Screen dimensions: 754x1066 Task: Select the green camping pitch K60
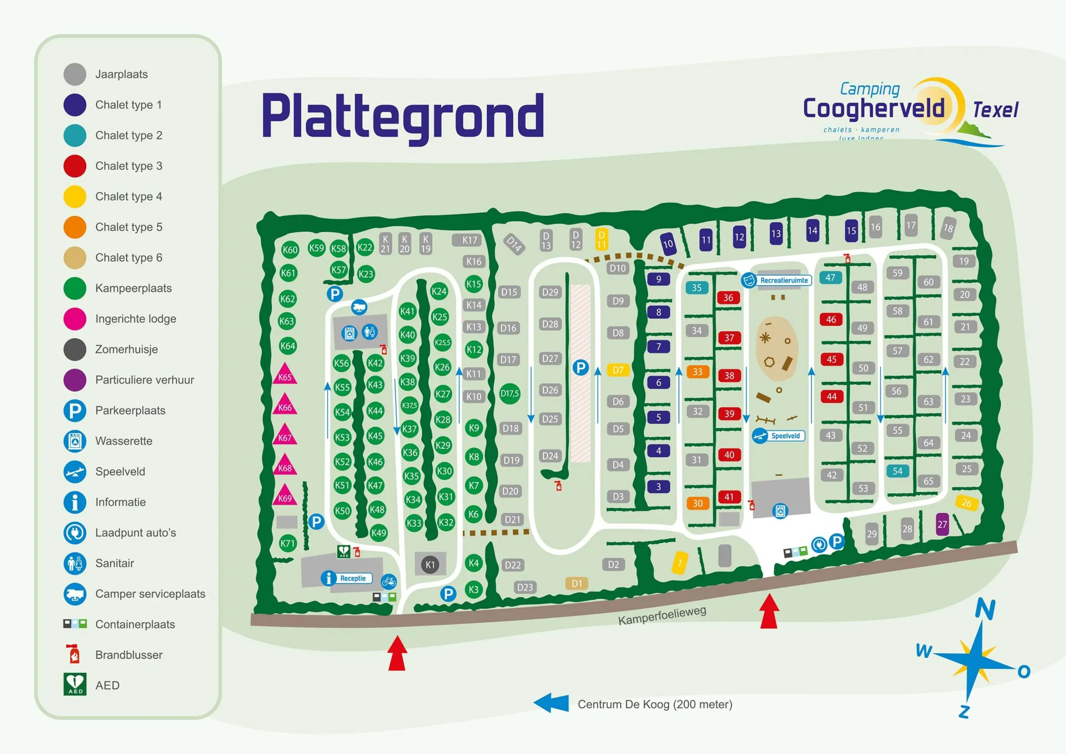point(290,250)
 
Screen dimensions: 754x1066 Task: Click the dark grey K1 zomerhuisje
point(430,565)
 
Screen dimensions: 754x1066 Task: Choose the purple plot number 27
point(942,524)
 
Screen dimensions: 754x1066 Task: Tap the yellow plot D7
point(618,370)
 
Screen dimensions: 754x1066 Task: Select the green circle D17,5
point(510,394)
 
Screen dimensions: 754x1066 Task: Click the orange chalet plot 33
point(697,372)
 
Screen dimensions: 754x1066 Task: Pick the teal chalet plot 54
point(898,471)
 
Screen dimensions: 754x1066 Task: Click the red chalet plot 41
point(729,497)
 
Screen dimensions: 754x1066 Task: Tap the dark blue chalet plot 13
point(776,233)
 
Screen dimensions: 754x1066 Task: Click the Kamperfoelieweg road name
point(662,616)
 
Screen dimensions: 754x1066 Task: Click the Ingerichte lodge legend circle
point(75,319)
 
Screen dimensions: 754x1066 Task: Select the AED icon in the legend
point(75,684)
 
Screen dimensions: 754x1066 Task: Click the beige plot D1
point(576,583)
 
